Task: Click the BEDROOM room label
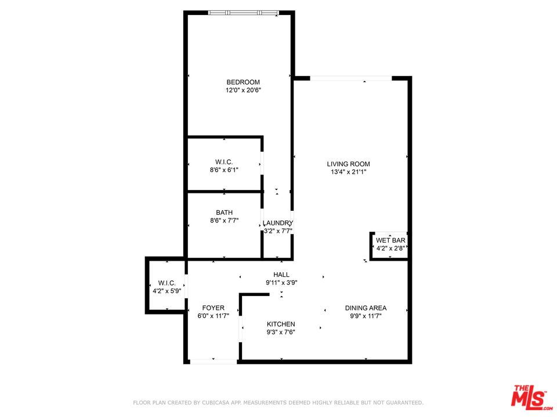coord(243,82)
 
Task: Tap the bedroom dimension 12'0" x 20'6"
coord(243,90)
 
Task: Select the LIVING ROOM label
coord(349,164)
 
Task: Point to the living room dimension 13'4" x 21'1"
coord(348,172)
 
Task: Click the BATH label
coord(225,213)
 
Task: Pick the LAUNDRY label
coord(278,223)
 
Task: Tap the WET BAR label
coord(390,240)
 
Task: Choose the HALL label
coord(281,275)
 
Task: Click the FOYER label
coord(213,308)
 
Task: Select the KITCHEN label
coord(281,324)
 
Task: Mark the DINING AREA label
coord(366,308)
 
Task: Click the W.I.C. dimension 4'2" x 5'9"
coord(167,291)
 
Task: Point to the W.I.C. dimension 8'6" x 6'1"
coord(224,170)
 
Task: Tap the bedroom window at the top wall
coord(243,13)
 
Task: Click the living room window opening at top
coord(351,78)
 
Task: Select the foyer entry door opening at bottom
coord(214,361)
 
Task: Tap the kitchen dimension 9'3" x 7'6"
coord(281,332)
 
